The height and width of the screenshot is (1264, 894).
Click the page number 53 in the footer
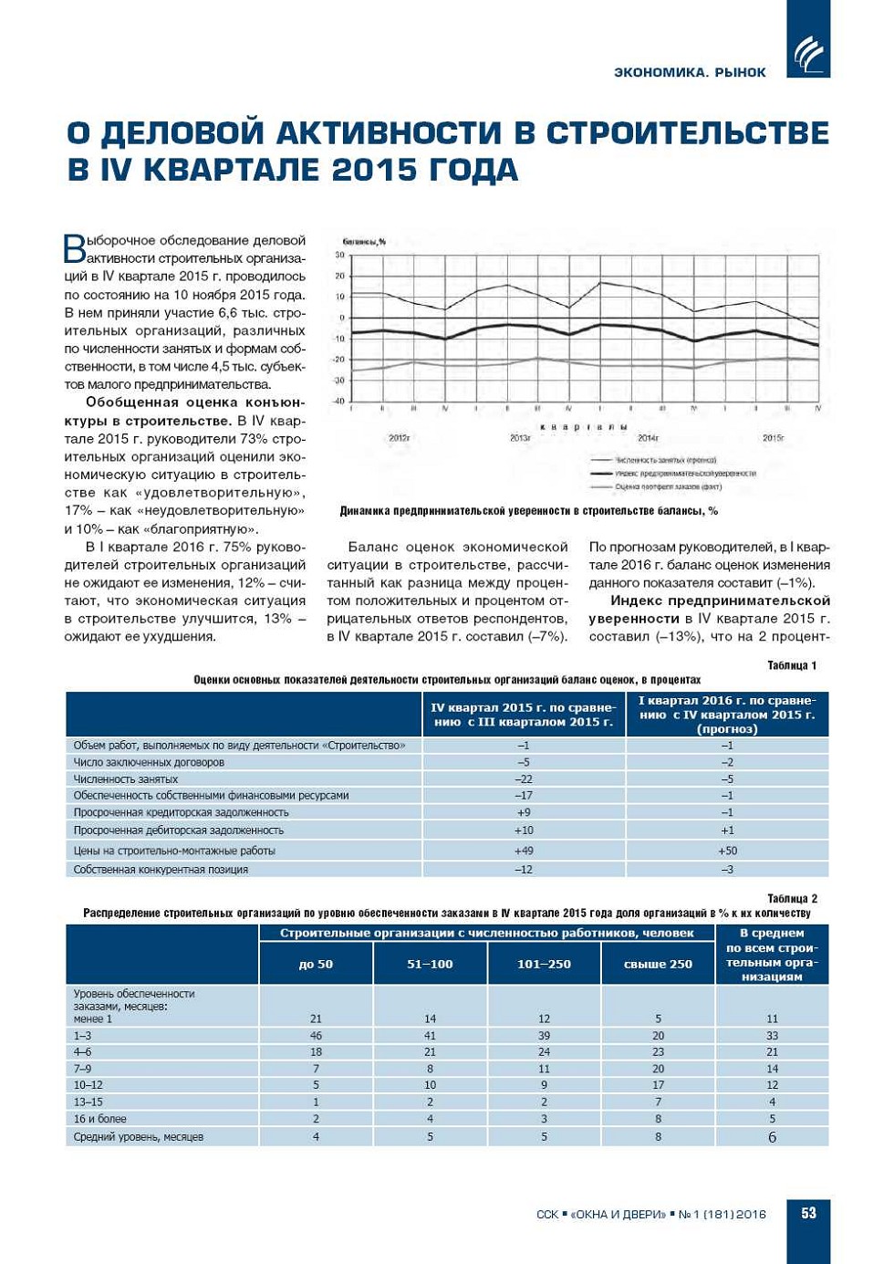(808, 1213)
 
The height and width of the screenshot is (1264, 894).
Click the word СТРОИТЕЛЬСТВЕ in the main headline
(688, 133)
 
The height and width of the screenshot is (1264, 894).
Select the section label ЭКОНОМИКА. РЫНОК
(690, 72)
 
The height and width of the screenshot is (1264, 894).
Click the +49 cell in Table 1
(524, 851)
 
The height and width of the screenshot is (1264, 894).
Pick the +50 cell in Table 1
(727, 851)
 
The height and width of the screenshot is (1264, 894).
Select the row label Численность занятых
(126, 779)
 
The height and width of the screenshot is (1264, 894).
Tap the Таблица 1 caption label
(792, 665)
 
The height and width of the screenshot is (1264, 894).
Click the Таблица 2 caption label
(792, 898)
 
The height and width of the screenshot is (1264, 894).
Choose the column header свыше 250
(658, 964)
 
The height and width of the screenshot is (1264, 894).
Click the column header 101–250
(544, 964)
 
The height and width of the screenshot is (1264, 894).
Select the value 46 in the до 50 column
(316, 1036)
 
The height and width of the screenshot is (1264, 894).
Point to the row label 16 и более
(100, 1119)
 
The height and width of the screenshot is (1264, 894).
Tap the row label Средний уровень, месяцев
(139, 1137)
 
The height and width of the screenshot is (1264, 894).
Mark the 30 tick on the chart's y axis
(340, 256)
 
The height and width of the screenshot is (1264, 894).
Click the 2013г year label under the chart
(520, 438)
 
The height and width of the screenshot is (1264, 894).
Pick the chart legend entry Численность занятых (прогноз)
(665, 460)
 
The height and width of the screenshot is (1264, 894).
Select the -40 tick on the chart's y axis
(339, 402)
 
